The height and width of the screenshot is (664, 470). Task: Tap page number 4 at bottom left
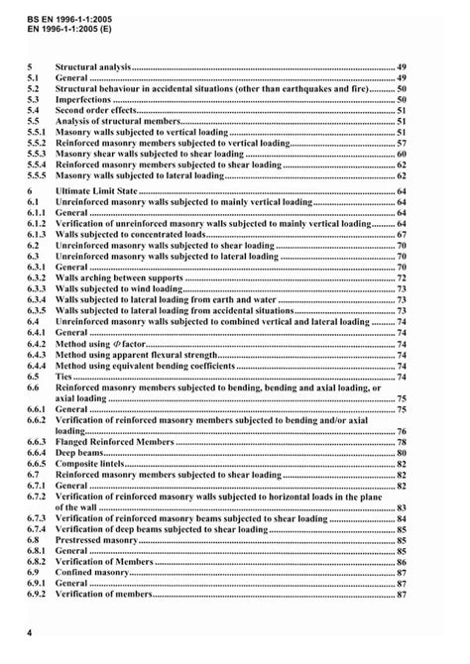[31, 630]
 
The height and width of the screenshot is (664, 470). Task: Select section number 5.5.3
[37, 155]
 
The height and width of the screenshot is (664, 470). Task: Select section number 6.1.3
[37, 235]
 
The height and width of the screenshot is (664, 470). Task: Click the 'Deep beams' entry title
[79, 451]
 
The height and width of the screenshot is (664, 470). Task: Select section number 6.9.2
[37, 594]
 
